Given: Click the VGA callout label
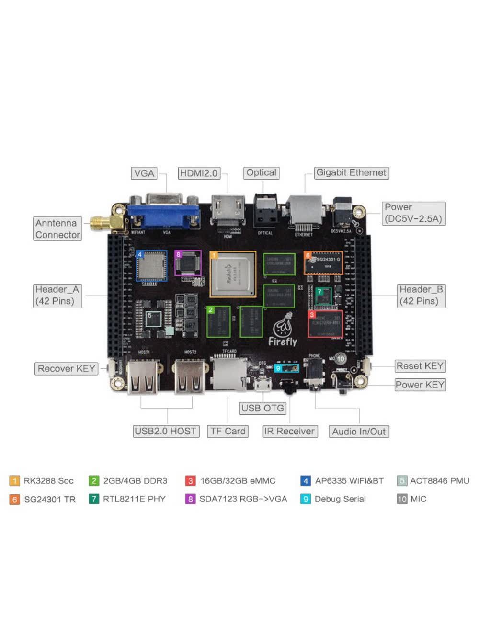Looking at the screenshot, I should point(144,173).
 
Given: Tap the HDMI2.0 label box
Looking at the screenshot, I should point(199,173).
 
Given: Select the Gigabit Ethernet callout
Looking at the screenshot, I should point(351,172).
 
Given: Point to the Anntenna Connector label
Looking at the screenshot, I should point(57,229).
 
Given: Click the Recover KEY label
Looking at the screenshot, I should point(67,368).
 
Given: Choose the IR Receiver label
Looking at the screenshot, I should point(289,431).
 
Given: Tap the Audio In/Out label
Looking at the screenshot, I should point(359,432).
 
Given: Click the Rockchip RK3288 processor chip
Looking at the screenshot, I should point(233,274).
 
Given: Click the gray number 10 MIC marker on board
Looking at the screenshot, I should point(340,358).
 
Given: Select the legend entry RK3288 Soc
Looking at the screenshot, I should point(42,480).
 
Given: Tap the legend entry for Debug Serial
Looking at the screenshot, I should point(334,499).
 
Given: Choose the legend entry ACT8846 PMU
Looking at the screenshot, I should point(433,480).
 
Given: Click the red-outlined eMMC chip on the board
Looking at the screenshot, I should point(325,324).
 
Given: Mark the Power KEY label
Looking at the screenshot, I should point(420,385).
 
